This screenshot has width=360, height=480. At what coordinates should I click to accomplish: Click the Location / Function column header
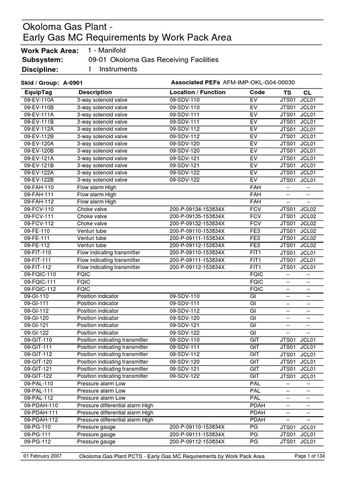click(197, 92)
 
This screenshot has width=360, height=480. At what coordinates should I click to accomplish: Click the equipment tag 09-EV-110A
click(39, 100)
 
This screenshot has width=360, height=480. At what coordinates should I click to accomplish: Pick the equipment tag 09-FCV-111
click(39, 217)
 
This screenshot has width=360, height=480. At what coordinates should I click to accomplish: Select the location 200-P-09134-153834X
click(197, 209)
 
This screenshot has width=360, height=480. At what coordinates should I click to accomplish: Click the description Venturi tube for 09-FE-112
click(91, 246)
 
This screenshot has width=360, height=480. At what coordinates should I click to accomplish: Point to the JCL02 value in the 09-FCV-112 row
click(308, 224)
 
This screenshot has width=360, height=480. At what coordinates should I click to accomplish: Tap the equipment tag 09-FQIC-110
click(40, 275)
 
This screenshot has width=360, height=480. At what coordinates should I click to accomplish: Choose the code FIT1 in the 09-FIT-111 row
click(255, 260)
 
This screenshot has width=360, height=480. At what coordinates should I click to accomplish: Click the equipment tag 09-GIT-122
click(38, 376)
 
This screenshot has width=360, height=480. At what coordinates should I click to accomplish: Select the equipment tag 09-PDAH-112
click(41, 420)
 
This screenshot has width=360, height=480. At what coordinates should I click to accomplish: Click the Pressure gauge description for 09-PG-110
click(96, 427)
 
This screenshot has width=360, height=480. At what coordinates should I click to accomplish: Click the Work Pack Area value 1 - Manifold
click(107, 50)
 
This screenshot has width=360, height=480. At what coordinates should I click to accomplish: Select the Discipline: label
click(40, 69)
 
